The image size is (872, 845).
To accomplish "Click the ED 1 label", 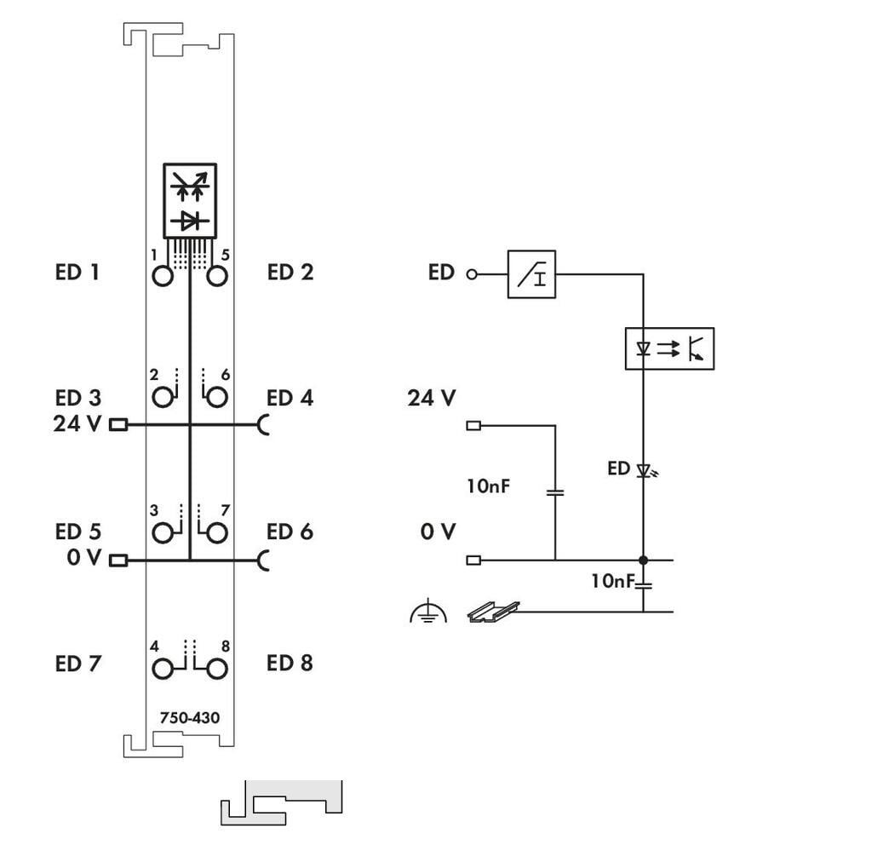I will (x=77, y=273).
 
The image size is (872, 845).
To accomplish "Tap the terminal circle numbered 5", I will (x=216, y=276).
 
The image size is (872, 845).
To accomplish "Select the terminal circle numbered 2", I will (x=162, y=397).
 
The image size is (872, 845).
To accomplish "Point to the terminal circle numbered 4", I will (x=162, y=669).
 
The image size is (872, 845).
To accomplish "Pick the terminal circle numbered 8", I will (x=216, y=669).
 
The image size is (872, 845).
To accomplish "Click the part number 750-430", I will (x=189, y=718).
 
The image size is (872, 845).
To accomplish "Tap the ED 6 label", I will (x=290, y=532).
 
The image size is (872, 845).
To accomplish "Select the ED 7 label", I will (x=77, y=663).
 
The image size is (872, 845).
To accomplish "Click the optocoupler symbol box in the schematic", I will (x=669, y=348).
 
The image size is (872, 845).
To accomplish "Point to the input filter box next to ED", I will (x=531, y=274).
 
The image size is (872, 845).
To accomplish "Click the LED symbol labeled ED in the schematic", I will (x=643, y=469).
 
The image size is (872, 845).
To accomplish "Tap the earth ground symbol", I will (x=427, y=611).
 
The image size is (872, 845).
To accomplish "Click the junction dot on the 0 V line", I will (x=643, y=560).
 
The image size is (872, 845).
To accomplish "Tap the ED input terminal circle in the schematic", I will (x=471, y=274).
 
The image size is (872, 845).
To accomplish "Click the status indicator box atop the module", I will (x=190, y=201).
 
